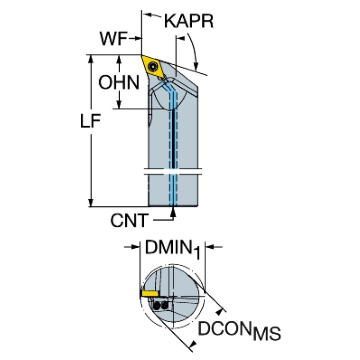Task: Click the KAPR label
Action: [x=189, y=21]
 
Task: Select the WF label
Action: [x=114, y=38]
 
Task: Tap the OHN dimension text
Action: [x=119, y=82]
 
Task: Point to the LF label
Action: [x=90, y=121]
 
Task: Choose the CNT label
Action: [x=129, y=221]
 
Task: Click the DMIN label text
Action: [x=169, y=247]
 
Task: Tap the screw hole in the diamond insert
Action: [x=153, y=67]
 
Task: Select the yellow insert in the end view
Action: [x=150, y=293]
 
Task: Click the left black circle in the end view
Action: [x=157, y=306]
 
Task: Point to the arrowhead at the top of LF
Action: [x=91, y=59]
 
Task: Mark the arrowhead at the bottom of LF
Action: [x=91, y=203]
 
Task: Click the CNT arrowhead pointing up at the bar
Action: [x=174, y=212]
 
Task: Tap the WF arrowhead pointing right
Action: [x=137, y=38]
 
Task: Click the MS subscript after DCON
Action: [x=267, y=333]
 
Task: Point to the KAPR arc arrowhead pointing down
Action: [x=196, y=66]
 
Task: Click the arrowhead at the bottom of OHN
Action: [x=119, y=105]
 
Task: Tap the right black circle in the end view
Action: [x=165, y=306]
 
